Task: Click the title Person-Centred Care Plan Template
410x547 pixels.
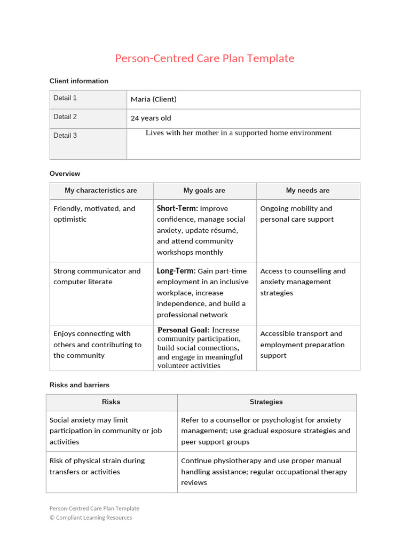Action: [204, 58]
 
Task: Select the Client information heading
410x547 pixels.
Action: [78, 81]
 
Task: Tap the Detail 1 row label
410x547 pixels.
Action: [65, 98]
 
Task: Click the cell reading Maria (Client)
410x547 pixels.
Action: [153, 99]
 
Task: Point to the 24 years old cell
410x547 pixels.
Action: [151, 118]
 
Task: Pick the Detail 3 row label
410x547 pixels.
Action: [65, 136]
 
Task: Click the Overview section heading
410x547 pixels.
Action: [65, 174]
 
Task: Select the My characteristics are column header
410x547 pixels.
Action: [101, 191]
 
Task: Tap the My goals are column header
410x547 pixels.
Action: [204, 191]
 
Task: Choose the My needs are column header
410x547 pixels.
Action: [307, 191]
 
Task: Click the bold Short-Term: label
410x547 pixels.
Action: [177, 208]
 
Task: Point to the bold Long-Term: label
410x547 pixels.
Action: [176, 271]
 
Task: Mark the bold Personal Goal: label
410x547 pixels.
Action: [184, 330]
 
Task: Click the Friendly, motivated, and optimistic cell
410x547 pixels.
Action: [94, 214]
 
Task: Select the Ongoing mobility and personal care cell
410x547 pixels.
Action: [297, 214]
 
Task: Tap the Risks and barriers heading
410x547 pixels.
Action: [79, 385]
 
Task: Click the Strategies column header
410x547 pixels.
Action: [266, 402]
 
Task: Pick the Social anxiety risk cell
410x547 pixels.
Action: [106, 431]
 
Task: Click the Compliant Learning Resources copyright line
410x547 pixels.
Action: [91, 518]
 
